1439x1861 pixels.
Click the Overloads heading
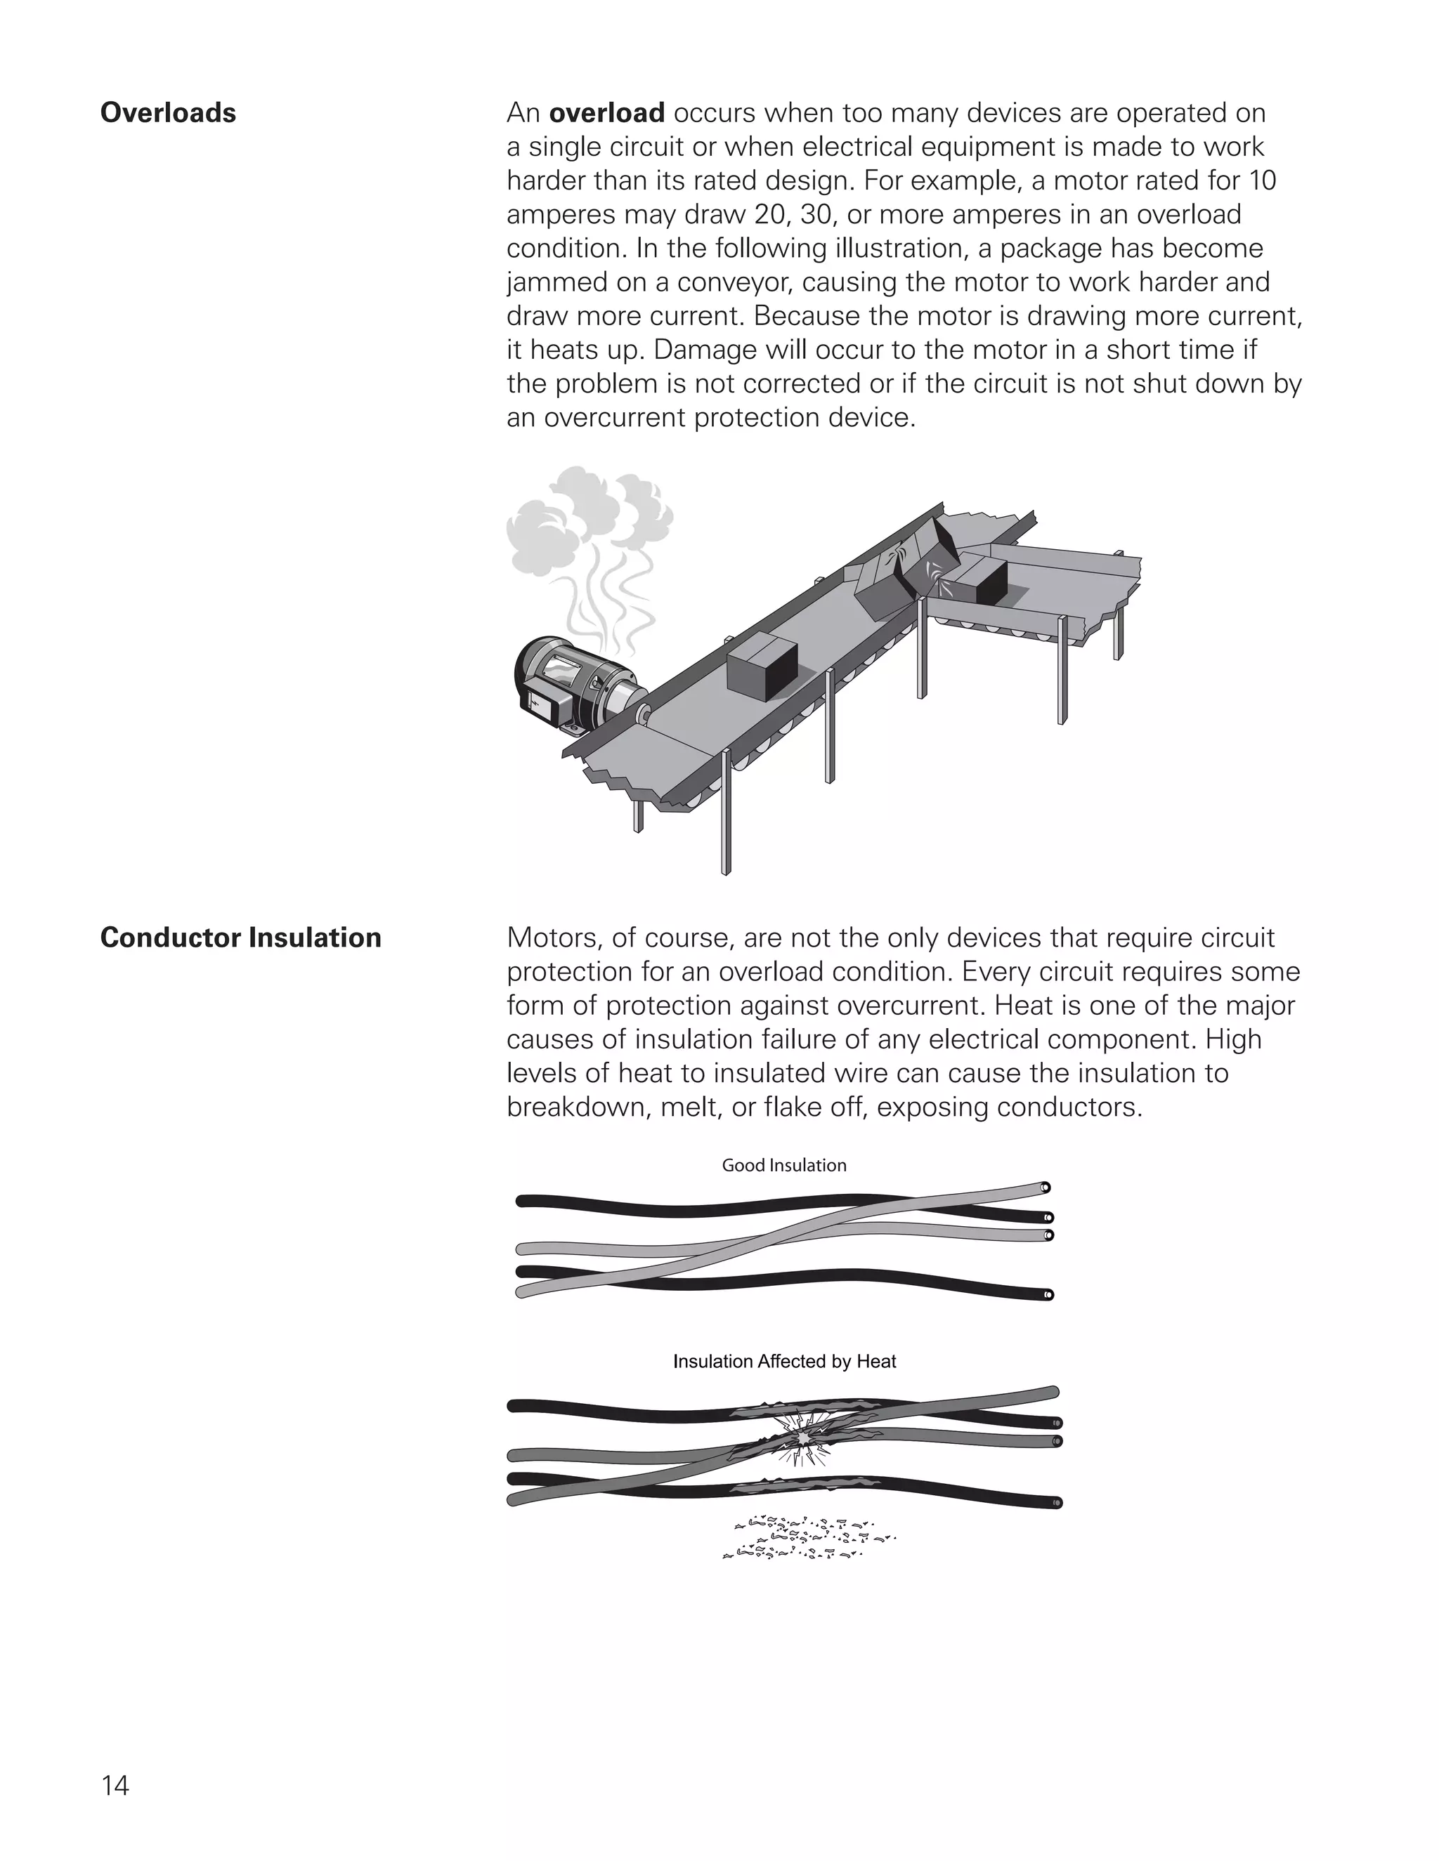pyautogui.click(x=168, y=112)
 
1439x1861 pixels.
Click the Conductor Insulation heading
pyautogui.click(x=240, y=938)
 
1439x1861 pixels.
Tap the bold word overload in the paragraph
pyautogui.click(x=606, y=112)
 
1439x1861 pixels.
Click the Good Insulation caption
pyautogui.click(x=783, y=1165)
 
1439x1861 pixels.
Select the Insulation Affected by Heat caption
pyautogui.click(x=784, y=1362)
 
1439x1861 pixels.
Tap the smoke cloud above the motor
pyautogui.click(x=588, y=520)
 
